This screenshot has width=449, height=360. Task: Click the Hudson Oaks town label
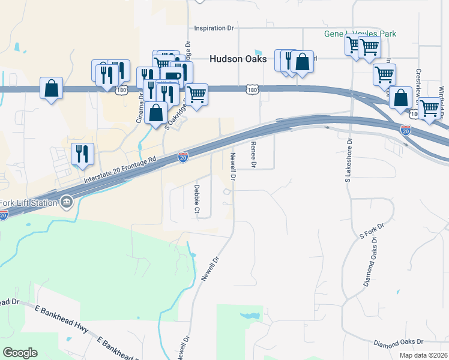click(x=237, y=59)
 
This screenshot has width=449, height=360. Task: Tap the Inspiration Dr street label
click(x=214, y=28)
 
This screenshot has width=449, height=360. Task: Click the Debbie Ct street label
click(x=196, y=199)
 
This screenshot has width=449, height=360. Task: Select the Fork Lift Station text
click(x=29, y=202)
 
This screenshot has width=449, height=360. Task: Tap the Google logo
click(x=20, y=353)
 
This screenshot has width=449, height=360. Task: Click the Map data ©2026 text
click(x=423, y=355)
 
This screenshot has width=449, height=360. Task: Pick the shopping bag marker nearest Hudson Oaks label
click(x=303, y=62)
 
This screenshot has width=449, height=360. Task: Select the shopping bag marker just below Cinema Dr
click(x=156, y=112)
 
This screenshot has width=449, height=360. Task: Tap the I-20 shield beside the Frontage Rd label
click(x=183, y=157)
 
